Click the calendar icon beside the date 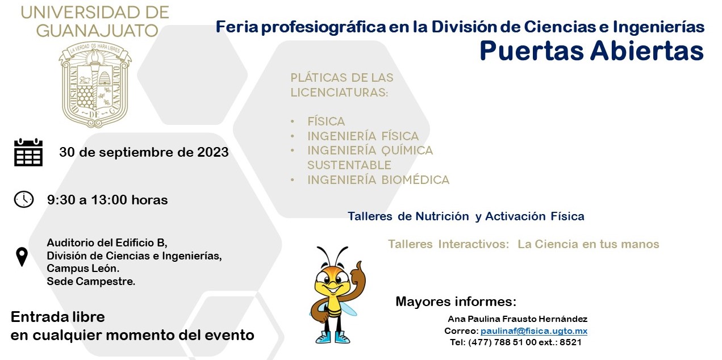(28, 152)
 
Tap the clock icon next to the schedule (23, 199)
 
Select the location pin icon (22, 257)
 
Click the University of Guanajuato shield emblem (95, 85)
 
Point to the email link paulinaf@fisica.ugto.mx (534, 331)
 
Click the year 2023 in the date (212, 152)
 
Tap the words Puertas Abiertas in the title (591, 51)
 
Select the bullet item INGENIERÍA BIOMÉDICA (378, 180)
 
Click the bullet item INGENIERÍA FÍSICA (363, 136)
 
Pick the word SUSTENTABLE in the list (349, 165)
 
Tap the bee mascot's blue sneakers (333, 337)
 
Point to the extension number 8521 (570, 342)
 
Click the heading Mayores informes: (456, 302)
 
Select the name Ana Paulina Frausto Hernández (517, 319)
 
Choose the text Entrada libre (58, 317)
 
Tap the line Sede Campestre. (91, 282)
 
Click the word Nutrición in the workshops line (442, 216)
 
